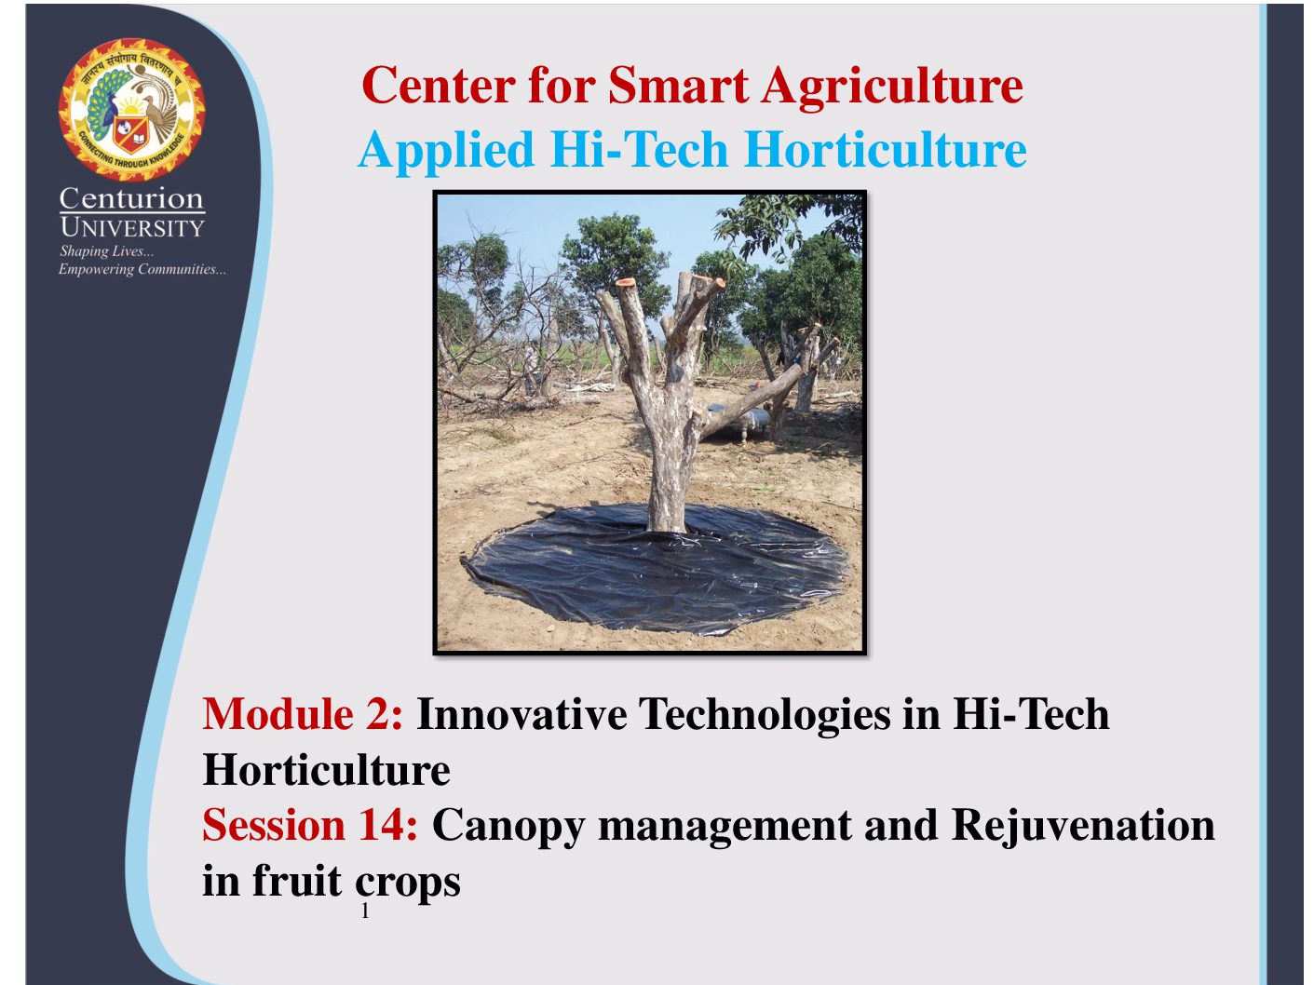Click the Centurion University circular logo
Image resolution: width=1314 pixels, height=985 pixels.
(131, 110)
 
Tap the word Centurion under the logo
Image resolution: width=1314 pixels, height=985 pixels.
(131, 198)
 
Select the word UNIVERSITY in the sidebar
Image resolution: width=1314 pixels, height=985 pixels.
(132, 227)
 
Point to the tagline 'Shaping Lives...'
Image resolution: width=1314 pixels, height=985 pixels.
(106, 251)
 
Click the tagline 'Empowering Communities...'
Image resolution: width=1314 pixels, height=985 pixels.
(142, 269)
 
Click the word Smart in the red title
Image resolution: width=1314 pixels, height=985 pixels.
(678, 85)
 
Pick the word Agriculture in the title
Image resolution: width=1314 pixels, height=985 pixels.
(892, 88)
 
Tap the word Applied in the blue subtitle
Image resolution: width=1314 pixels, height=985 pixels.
(446, 151)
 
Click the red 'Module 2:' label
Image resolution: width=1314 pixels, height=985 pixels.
(303, 713)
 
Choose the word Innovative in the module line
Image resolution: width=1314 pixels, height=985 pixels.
(522, 713)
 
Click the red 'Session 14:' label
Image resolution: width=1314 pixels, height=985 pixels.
(310, 825)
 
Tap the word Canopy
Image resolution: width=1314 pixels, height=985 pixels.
(508, 827)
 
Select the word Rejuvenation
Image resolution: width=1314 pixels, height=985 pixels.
(1083, 826)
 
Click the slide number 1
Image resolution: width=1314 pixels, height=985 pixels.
(365, 911)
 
